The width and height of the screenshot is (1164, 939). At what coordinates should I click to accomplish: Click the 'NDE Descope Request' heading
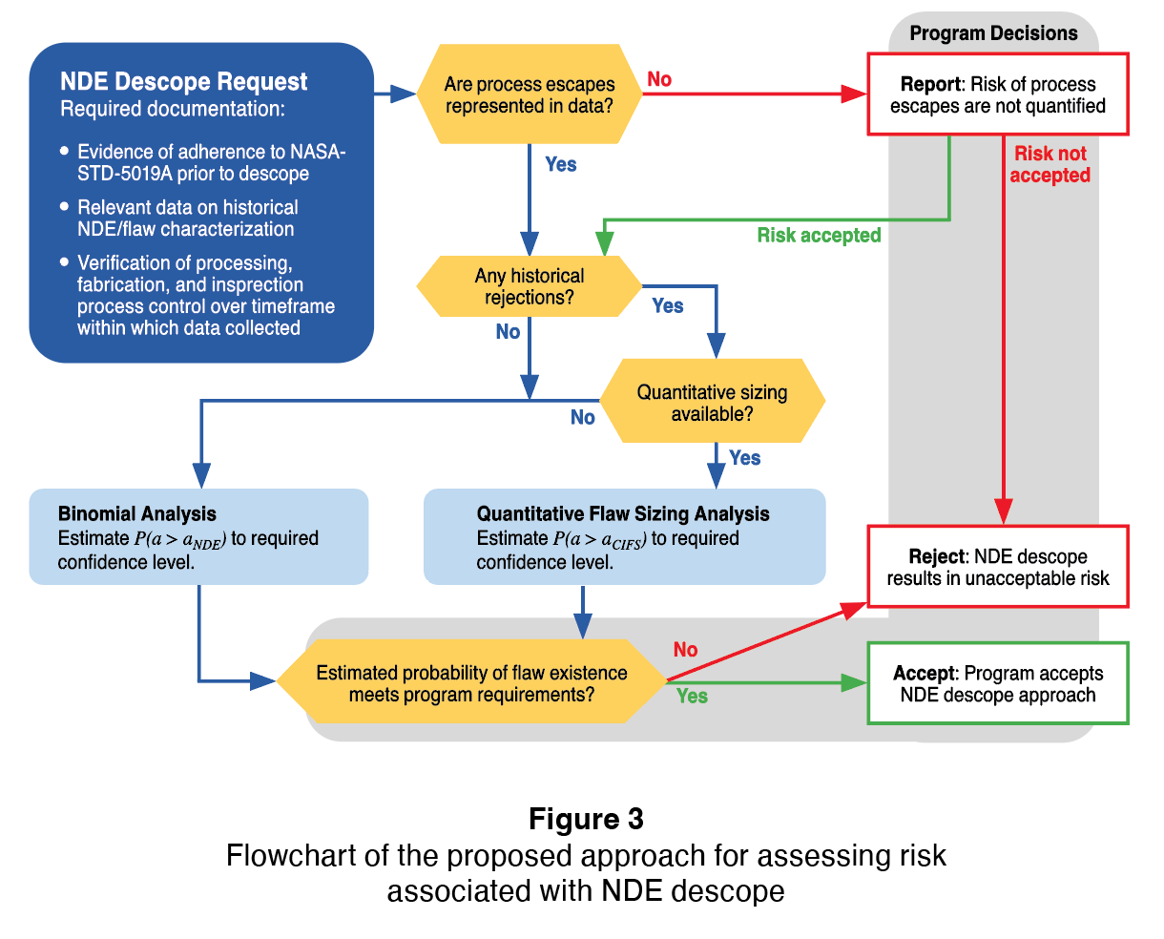(x=183, y=82)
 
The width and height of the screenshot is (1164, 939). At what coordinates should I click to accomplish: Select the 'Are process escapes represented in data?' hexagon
(x=530, y=94)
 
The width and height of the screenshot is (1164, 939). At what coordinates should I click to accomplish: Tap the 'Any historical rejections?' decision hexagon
(x=530, y=286)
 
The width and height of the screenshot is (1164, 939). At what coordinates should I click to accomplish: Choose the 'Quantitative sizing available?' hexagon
(x=712, y=403)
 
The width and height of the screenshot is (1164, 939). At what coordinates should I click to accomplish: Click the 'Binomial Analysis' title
(x=137, y=514)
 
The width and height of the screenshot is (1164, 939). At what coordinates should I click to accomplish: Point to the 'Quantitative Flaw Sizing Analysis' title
(x=623, y=514)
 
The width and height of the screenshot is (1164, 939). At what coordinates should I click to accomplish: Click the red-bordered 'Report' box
(x=997, y=94)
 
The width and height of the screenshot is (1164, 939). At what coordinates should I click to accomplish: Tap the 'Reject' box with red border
(x=997, y=567)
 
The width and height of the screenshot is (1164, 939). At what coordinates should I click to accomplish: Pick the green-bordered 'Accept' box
(x=997, y=684)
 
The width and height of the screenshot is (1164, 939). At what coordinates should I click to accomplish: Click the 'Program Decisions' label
(x=993, y=33)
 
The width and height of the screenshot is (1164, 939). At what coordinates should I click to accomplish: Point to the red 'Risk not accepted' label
(x=1050, y=164)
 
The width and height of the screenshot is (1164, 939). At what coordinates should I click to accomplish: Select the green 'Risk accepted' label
(x=819, y=236)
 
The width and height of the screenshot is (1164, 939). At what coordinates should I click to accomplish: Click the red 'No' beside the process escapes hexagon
(x=659, y=79)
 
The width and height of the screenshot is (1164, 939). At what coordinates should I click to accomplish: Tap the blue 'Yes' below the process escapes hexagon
(x=561, y=164)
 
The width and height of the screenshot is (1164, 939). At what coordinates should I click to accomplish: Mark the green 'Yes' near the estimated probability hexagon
(x=692, y=697)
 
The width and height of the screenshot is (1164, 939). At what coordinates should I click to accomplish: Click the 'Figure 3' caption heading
(x=586, y=819)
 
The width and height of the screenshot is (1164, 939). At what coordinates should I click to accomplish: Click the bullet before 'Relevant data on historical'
(x=64, y=206)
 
